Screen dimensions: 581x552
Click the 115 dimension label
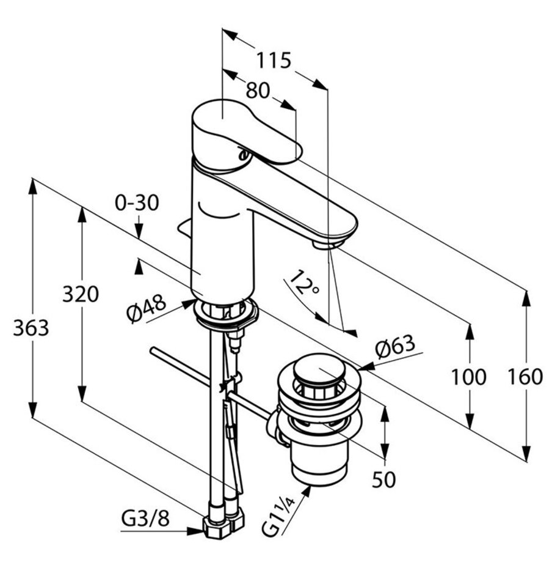[273, 61]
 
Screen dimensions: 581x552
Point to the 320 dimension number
[80, 295]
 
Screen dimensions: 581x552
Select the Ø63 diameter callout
[395, 347]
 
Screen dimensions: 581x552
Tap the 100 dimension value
[468, 377]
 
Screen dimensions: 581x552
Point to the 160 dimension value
[525, 377]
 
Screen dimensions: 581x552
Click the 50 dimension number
[384, 479]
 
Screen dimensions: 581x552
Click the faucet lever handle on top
[244, 128]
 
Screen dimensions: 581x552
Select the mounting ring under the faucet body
[225, 314]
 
